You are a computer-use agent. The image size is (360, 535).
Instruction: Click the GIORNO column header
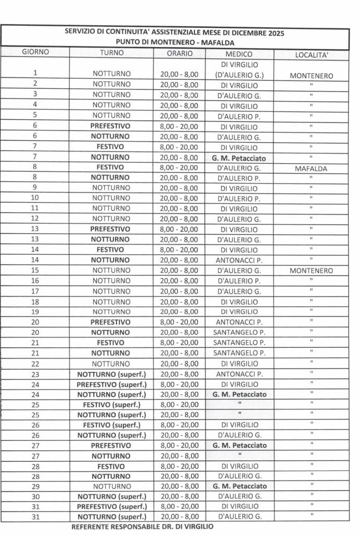pyautogui.click(x=35, y=53)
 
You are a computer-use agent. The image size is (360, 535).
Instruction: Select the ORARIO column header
pyautogui.click(x=179, y=53)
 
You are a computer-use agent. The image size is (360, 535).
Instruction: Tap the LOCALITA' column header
pyautogui.click(x=311, y=55)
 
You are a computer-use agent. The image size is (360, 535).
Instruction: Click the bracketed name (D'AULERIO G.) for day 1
pyautogui.click(x=239, y=75)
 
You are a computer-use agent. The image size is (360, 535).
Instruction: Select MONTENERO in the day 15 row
pyautogui.click(x=311, y=271)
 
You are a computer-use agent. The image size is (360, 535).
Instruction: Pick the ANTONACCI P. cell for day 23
pyautogui.click(x=239, y=374)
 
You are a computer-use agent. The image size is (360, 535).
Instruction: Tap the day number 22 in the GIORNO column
pyautogui.click(x=35, y=364)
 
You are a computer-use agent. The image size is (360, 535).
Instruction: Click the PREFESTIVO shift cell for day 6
pyautogui.click(x=111, y=127)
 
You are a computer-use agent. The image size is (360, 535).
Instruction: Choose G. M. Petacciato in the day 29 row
pyautogui.click(x=239, y=486)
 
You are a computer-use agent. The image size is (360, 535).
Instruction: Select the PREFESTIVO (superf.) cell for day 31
pyautogui.click(x=111, y=507)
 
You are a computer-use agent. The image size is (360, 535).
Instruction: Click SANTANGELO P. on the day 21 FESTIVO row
pyautogui.click(x=239, y=343)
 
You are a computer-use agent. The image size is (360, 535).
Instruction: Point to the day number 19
pyautogui.click(x=35, y=312)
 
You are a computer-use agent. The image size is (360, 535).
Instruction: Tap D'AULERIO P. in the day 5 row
pyautogui.click(x=239, y=116)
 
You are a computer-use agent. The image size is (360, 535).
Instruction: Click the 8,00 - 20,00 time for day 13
pyautogui.click(x=179, y=230)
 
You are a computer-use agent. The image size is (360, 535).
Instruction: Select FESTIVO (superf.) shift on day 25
pyautogui.click(x=111, y=404)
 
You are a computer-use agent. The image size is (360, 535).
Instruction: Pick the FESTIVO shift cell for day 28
pyautogui.click(x=111, y=466)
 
